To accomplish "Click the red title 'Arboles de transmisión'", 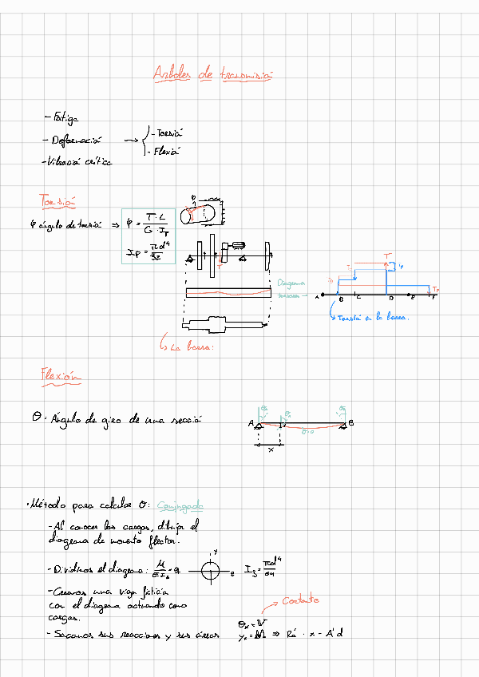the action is [213, 74].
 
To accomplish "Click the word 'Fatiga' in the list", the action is [64, 117].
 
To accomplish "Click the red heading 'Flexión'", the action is [61, 374].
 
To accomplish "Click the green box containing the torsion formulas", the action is [148, 236].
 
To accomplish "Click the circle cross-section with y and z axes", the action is [212, 572].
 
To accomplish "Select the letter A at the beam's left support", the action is [251, 423].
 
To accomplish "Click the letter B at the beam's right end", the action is [351, 423].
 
